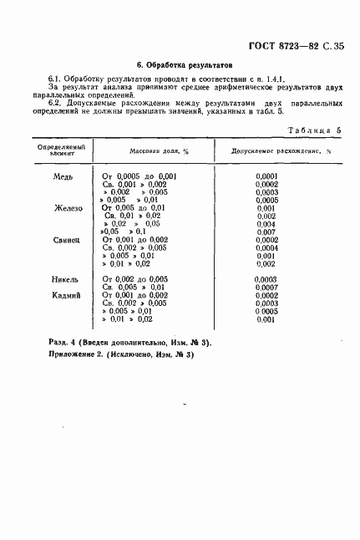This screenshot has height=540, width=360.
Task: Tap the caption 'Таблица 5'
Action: click(315, 131)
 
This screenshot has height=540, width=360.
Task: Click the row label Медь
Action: click(63, 177)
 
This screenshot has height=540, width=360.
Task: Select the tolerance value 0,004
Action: click(266, 224)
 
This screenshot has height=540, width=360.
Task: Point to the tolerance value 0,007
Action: click(266, 232)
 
